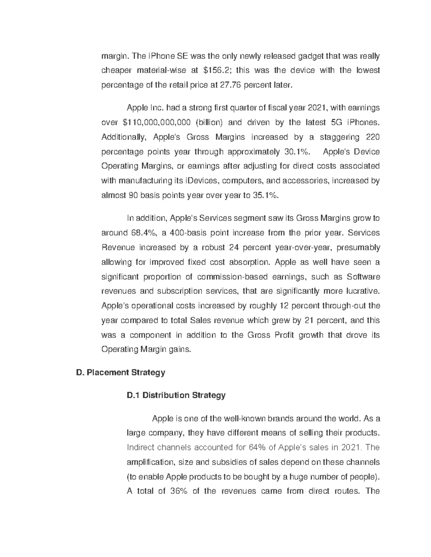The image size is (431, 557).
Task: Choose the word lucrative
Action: pyautogui.click(x=361, y=291)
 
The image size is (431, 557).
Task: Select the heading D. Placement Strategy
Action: pyautogui.click(x=121, y=373)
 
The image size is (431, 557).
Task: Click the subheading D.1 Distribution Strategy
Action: pyautogui.click(x=176, y=395)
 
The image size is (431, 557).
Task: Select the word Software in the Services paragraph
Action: pyautogui.click(x=363, y=277)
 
